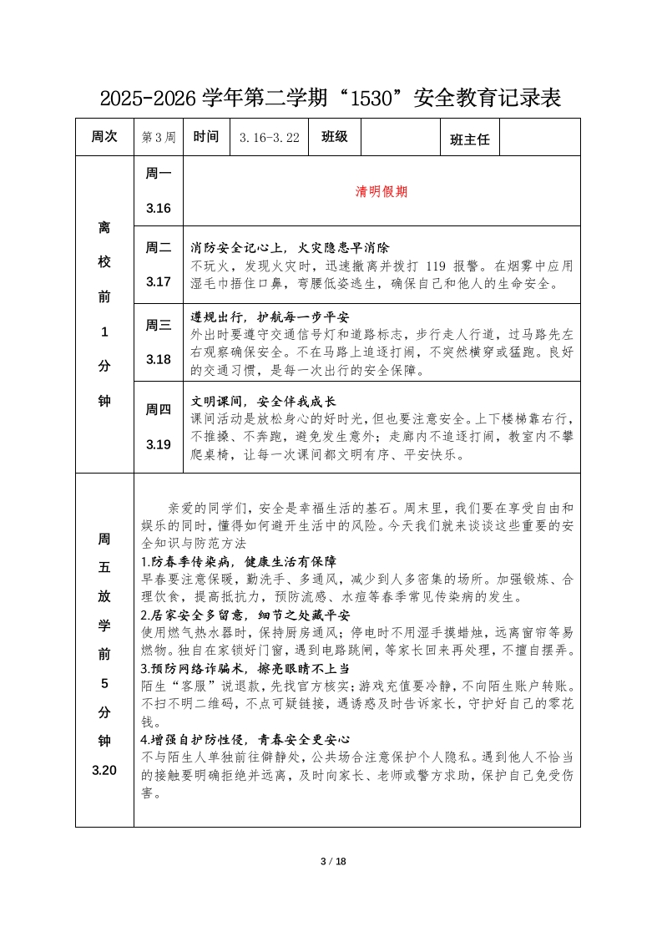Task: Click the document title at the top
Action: click(330, 99)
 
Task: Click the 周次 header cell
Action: click(104, 137)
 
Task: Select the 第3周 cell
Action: click(159, 138)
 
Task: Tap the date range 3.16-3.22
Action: click(269, 138)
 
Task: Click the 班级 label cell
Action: click(334, 137)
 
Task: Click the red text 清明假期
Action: click(382, 191)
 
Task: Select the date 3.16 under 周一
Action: click(158, 208)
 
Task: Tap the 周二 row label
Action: click(158, 247)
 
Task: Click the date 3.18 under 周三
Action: click(158, 359)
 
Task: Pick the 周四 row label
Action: click(158, 409)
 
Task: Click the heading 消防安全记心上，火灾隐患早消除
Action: click(291, 248)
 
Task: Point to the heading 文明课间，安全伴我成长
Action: click(263, 400)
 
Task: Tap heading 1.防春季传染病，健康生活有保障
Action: click(238, 561)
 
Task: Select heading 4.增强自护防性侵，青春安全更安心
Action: click(245, 740)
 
